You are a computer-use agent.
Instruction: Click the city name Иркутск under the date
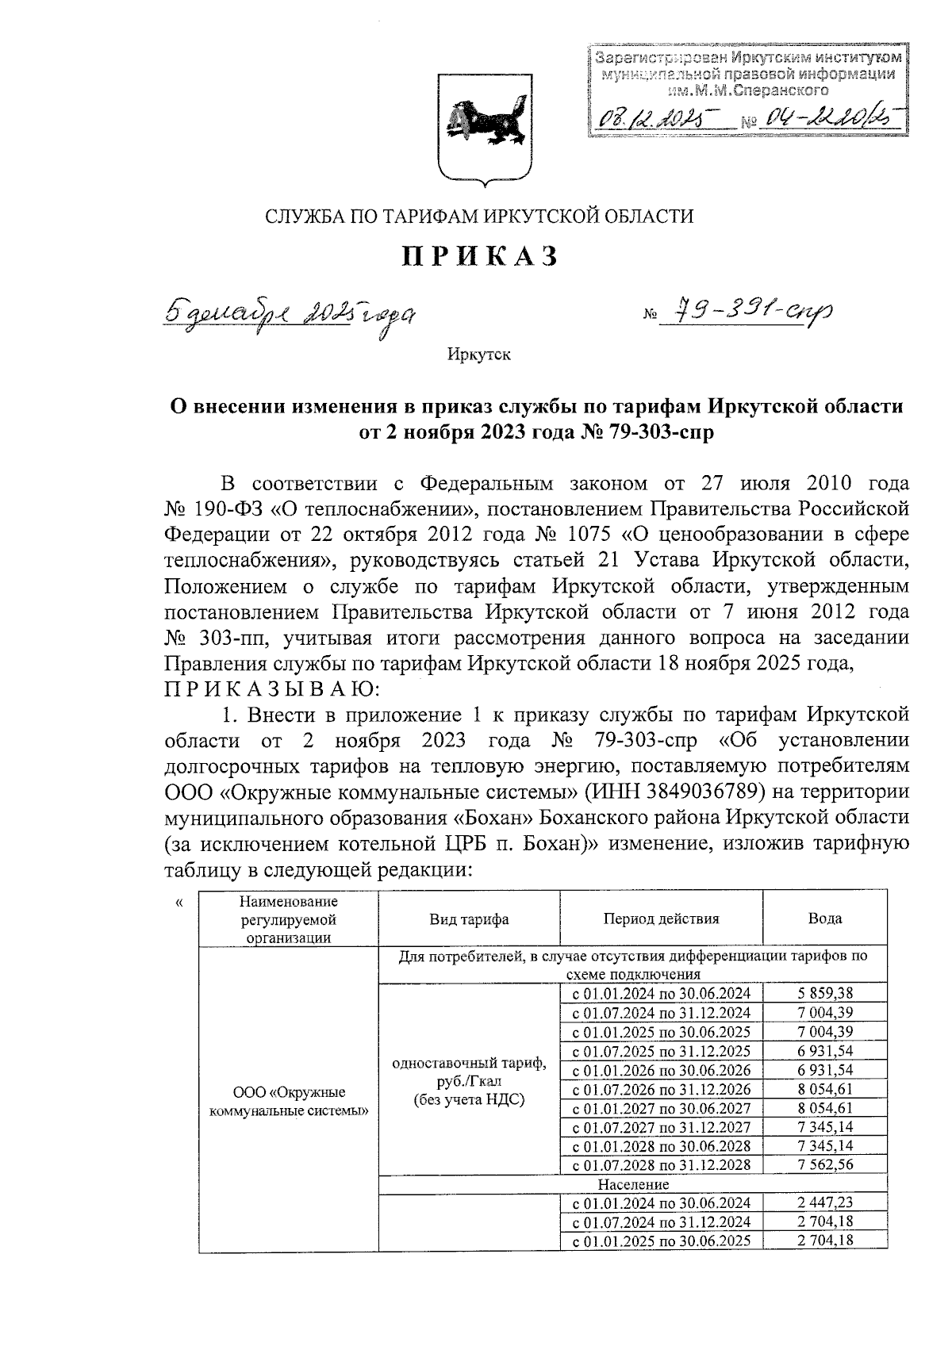click(x=478, y=355)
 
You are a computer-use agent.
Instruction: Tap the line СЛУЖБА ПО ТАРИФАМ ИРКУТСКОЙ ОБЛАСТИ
click(x=478, y=216)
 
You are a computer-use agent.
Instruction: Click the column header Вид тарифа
click(x=469, y=919)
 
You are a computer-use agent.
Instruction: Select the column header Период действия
click(x=661, y=919)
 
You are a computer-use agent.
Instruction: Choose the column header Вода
click(x=824, y=919)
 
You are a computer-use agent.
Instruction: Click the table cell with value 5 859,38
click(x=824, y=993)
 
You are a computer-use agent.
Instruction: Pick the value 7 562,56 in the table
click(x=824, y=1165)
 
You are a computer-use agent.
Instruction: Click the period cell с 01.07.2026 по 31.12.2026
click(x=661, y=1089)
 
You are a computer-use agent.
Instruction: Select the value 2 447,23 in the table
click(x=824, y=1203)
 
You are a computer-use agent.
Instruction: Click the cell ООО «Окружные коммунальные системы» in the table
click(x=289, y=1101)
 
